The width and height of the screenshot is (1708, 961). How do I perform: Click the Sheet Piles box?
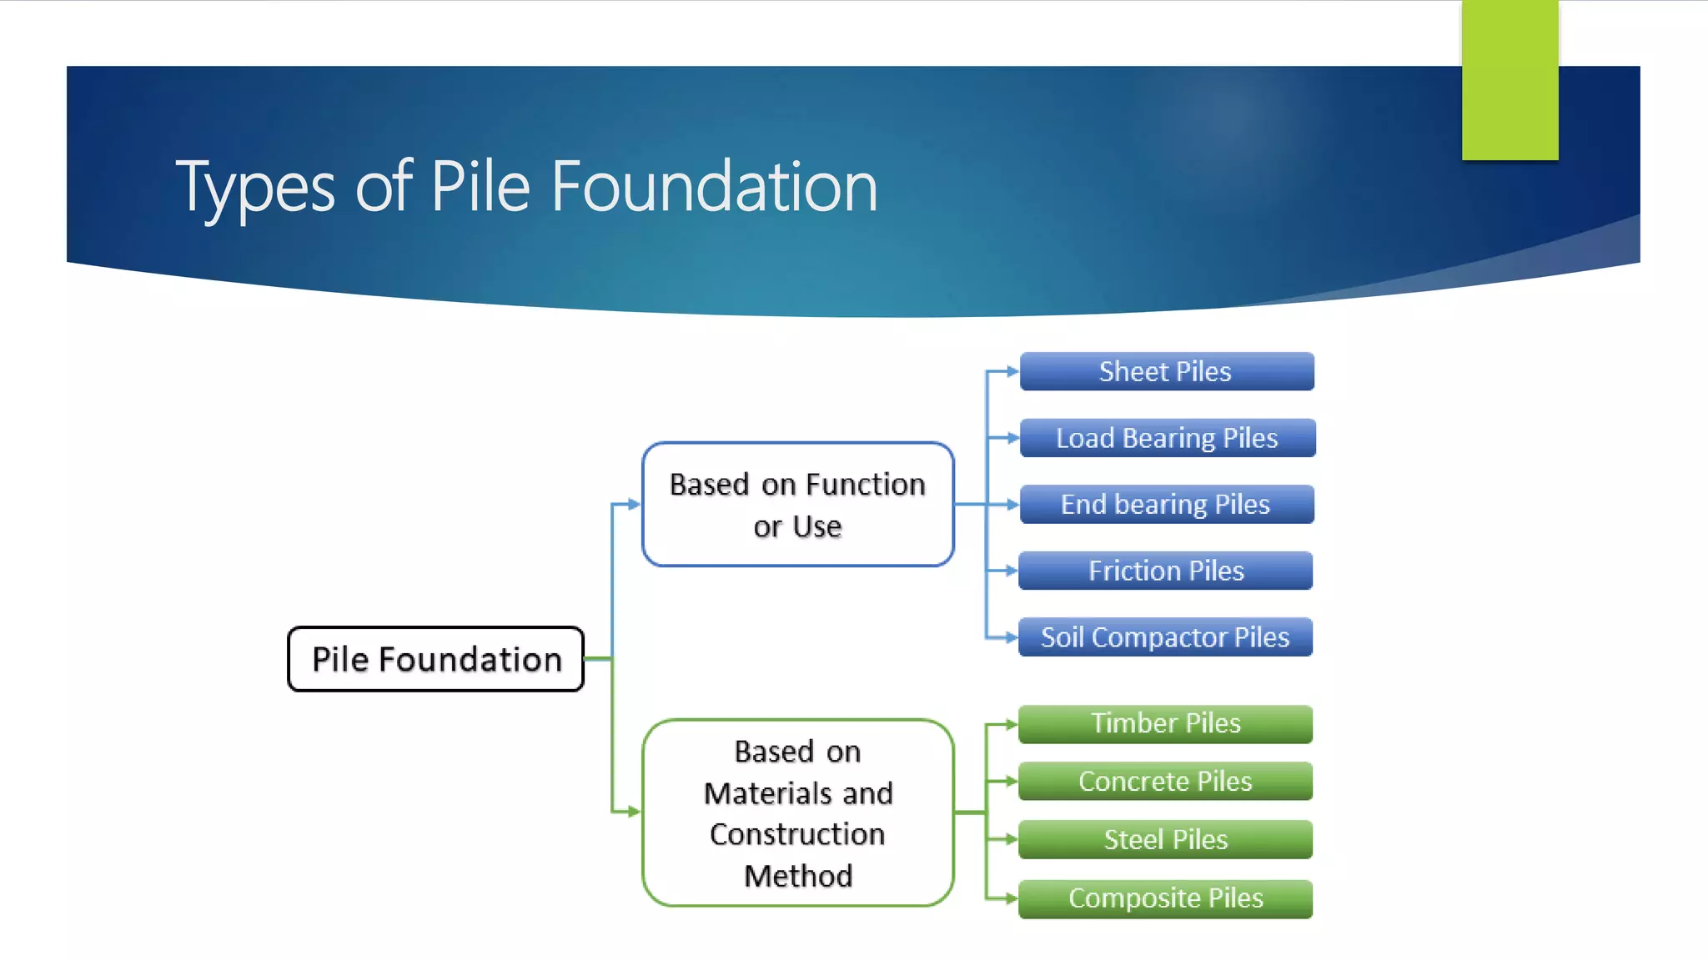[x=1166, y=371]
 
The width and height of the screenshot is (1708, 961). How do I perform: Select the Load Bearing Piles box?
[x=1167, y=438]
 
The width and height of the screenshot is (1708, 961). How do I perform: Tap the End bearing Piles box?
[x=1166, y=504]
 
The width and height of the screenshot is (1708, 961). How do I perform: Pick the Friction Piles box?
[x=1165, y=571]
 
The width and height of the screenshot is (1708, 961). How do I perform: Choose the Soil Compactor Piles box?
[x=1165, y=637]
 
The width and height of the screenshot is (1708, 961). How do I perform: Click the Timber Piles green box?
[x=1165, y=723]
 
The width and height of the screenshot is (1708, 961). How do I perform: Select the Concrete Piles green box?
[x=1165, y=782]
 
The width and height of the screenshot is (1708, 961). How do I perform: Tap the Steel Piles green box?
[x=1165, y=839]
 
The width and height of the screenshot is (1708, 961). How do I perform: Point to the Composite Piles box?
[x=1165, y=898]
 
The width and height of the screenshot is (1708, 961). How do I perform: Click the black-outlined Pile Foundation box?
[x=435, y=659]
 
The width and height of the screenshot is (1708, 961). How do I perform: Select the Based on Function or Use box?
[x=797, y=505]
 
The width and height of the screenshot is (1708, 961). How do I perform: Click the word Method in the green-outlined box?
[x=798, y=876]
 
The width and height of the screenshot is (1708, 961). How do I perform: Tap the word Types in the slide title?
[x=254, y=187]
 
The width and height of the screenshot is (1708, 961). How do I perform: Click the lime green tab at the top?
[x=1510, y=79]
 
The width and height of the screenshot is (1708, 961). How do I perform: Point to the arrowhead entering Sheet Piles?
[x=1012, y=371]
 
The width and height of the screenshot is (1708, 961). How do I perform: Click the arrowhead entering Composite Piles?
[x=1012, y=898]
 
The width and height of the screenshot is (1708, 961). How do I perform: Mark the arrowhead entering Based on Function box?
[x=635, y=504]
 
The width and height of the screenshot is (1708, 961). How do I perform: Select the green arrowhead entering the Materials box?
[x=635, y=811]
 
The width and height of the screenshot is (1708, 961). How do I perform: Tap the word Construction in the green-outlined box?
[x=797, y=834]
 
